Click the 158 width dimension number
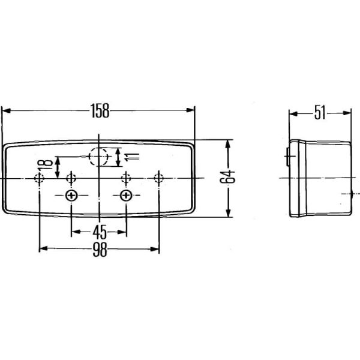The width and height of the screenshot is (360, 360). pyautogui.click(x=100, y=110)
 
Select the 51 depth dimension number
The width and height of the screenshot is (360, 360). pyautogui.click(x=320, y=112)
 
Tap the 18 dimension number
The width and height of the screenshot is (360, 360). pyautogui.click(x=43, y=167)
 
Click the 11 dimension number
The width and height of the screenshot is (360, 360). pyautogui.click(x=132, y=157)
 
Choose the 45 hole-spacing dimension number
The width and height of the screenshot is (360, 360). pyautogui.click(x=100, y=232)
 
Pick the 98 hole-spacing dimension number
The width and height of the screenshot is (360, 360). pyautogui.click(x=100, y=251)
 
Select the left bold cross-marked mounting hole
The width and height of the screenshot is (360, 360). pyautogui.click(x=71, y=196)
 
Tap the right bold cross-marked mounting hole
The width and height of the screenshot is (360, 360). pyautogui.click(x=126, y=196)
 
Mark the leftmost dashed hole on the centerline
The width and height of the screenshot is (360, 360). pyautogui.click(x=40, y=178)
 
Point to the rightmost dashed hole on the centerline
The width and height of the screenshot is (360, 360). pyautogui.click(x=158, y=178)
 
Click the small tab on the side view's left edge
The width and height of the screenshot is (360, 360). pyautogui.click(x=289, y=157)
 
